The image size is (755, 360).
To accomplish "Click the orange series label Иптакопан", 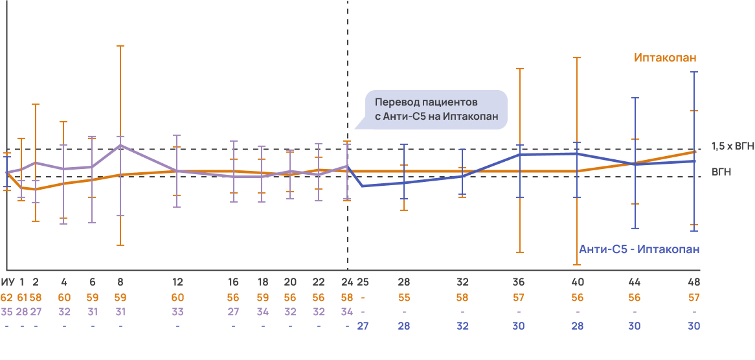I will tap(665, 58).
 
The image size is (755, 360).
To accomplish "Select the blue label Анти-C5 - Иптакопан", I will tap(639, 249).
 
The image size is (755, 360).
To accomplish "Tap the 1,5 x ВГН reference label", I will tap(732, 146).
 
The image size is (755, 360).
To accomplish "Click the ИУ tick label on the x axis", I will tap(8, 282).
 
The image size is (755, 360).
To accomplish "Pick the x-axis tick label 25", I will tap(363, 282).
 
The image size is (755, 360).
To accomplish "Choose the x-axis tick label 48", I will tap(694, 282).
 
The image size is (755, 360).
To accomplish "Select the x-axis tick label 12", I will tap(177, 282).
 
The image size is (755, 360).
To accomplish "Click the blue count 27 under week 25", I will tap(363, 326).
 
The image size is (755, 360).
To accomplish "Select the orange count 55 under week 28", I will tap(404, 298).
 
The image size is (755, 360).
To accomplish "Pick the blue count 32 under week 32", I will tap(462, 326).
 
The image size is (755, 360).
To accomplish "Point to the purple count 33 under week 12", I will tap(177, 311).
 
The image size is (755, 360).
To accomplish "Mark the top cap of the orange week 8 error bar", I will tap(120, 46).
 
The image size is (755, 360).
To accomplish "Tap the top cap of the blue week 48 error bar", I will tap(694, 72).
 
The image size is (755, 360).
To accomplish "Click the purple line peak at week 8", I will tap(120, 146).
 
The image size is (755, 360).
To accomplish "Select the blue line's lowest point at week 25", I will tap(361, 186).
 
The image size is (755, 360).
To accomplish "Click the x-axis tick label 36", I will tap(519, 282).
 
